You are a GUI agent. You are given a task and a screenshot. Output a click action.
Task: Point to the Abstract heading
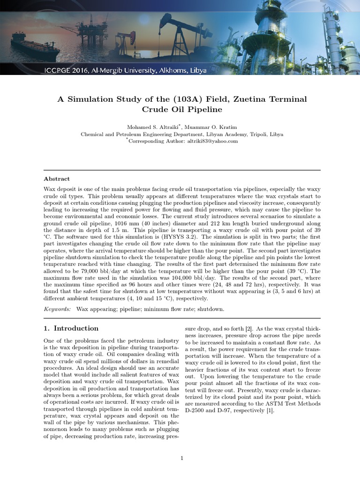pyautogui.click(x=57, y=179)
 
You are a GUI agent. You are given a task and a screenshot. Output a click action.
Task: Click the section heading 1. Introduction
pyautogui.click(x=71, y=329)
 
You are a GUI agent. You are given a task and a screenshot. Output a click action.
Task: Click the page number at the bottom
pyautogui.click(x=182, y=458)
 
